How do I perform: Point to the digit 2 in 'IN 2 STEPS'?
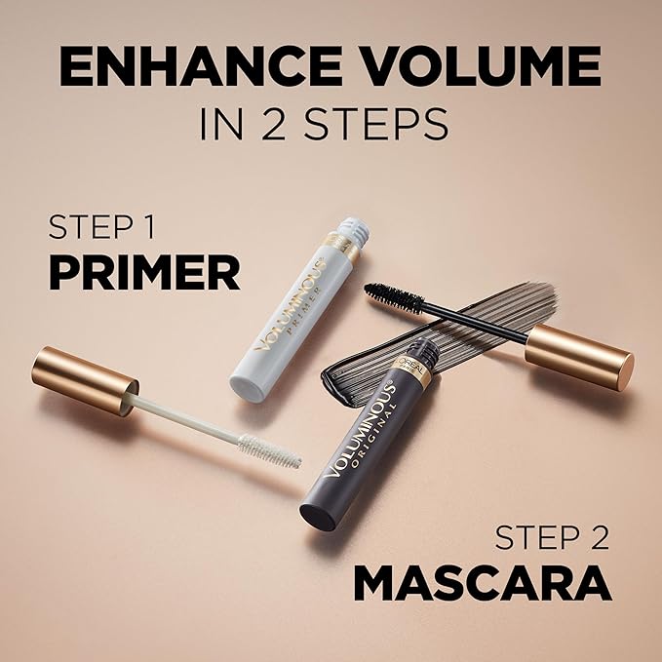coord(266,125)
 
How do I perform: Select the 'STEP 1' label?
coord(108,230)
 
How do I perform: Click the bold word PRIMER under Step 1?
coord(143,274)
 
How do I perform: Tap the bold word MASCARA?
coord(482,582)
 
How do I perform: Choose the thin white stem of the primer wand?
coord(185,417)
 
